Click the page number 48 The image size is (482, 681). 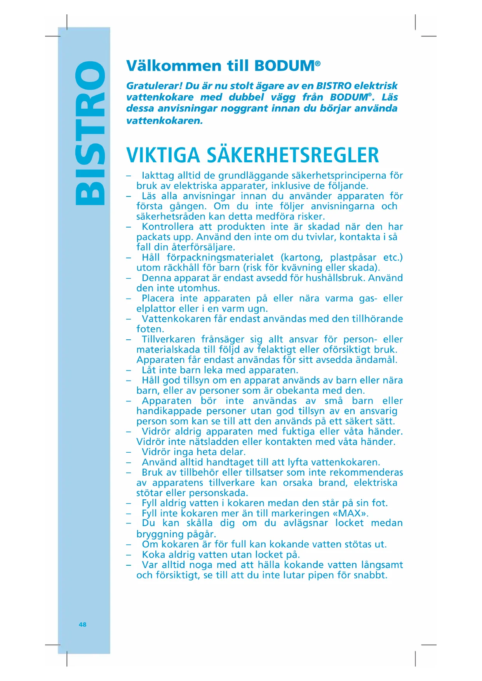[82, 624]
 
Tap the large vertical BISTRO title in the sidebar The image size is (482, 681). [90, 133]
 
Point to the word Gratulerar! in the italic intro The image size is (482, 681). [154, 86]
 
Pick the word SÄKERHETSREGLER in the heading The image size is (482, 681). [292, 155]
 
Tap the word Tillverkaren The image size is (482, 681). [168, 339]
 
